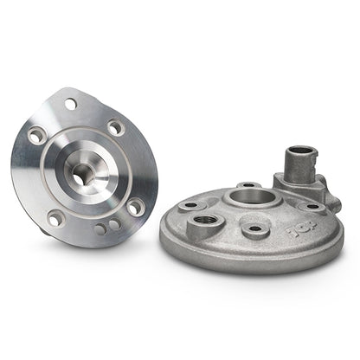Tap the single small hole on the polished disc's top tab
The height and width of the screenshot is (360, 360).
70,104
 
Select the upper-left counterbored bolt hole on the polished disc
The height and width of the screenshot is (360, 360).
36,137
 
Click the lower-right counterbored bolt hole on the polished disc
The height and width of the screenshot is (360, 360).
135,207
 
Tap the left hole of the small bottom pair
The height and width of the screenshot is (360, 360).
101,229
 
